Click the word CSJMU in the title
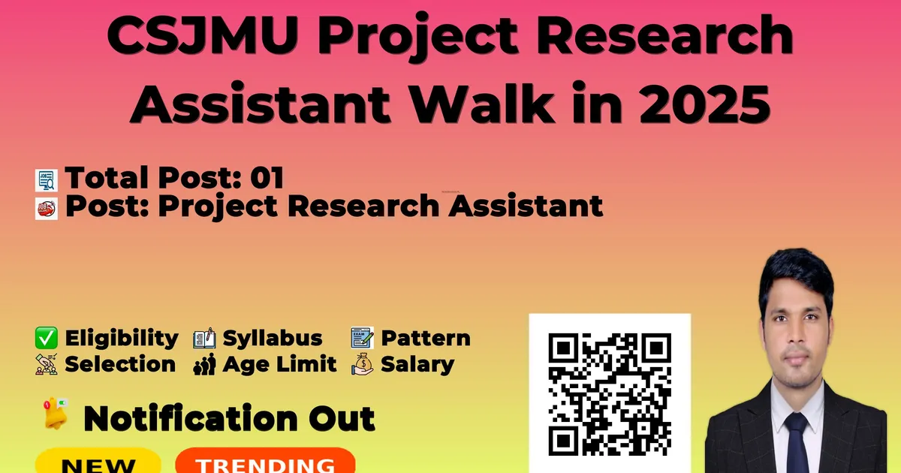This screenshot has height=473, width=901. click(x=203, y=35)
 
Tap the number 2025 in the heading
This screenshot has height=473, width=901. click(x=704, y=103)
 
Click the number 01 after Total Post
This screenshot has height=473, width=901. click(x=267, y=177)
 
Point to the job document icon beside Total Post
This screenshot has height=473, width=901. click(x=47, y=180)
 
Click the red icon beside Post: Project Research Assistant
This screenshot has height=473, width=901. click(x=47, y=209)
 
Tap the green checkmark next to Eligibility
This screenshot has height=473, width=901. click(x=47, y=338)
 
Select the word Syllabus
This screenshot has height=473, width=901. click(x=273, y=339)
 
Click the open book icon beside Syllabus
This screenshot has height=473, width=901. click(x=204, y=338)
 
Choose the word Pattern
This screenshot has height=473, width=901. click(x=426, y=338)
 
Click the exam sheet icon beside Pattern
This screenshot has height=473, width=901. click(x=362, y=337)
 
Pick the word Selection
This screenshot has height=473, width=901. click(x=120, y=364)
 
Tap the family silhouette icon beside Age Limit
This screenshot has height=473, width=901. click(x=204, y=364)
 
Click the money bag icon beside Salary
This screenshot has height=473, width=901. click(x=363, y=364)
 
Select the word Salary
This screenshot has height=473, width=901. click(x=417, y=365)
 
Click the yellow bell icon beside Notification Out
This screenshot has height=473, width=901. click(x=56, y=414)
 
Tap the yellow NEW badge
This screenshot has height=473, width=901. click(x=98, y=461)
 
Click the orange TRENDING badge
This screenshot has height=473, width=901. click(x=266, y=461)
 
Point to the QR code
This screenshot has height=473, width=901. click(x=610, y=394)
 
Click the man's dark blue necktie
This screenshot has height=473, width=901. click(x=797, y=442)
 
